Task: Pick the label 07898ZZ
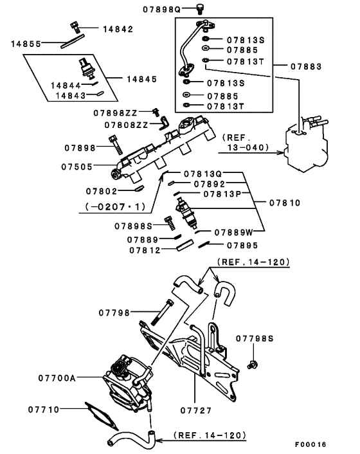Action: click(x=121, y=113)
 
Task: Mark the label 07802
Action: click(x=101, y=190)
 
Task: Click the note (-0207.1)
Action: click(x=116, y=206)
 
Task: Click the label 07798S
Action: click(x=255, y=338)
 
